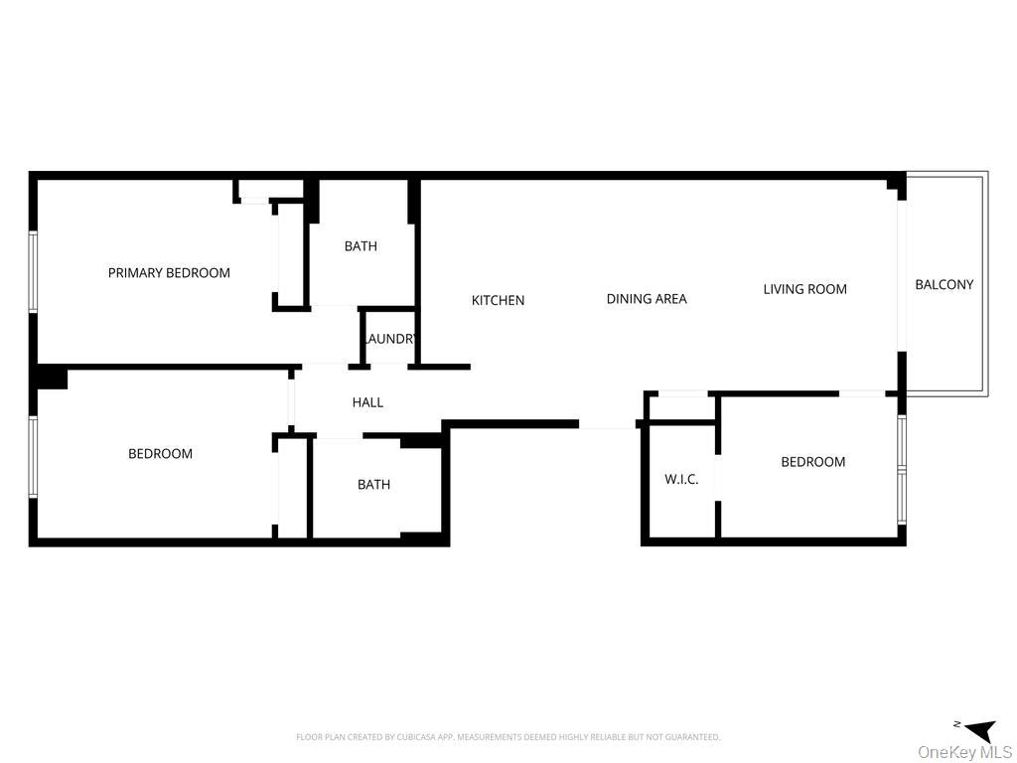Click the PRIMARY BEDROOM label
point(169,273)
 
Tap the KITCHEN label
point(498,300)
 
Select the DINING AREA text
point(647,298)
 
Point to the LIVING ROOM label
point(804,289)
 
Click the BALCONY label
point(944,284)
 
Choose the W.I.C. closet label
point(681,479)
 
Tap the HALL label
point(367,402)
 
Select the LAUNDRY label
point(389,339)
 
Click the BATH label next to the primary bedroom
point(361,246)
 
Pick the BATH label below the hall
point(373,485)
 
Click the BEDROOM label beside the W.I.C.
point(812,462)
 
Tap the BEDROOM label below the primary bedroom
point(160,454)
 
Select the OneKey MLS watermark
point(964,752)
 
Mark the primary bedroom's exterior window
point(33,271)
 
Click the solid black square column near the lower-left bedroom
point(51,378)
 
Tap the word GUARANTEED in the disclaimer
point(691,737)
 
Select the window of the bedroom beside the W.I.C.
point(902,469)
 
